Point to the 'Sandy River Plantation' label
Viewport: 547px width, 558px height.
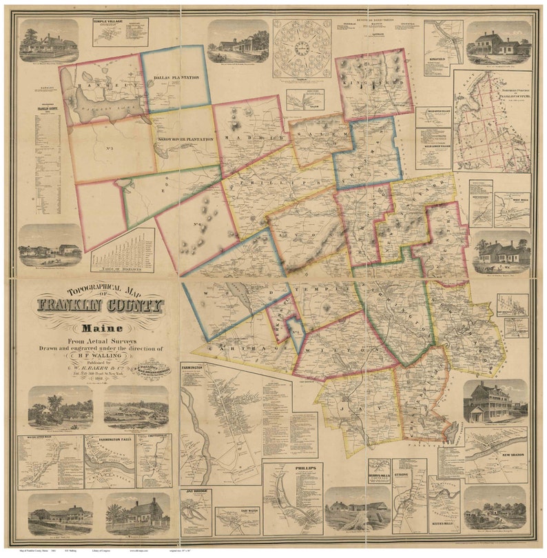point(183,139)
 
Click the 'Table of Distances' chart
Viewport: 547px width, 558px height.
point(123,250)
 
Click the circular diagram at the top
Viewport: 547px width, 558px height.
point(302,48)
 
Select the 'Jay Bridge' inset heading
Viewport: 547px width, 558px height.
point(196,492)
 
